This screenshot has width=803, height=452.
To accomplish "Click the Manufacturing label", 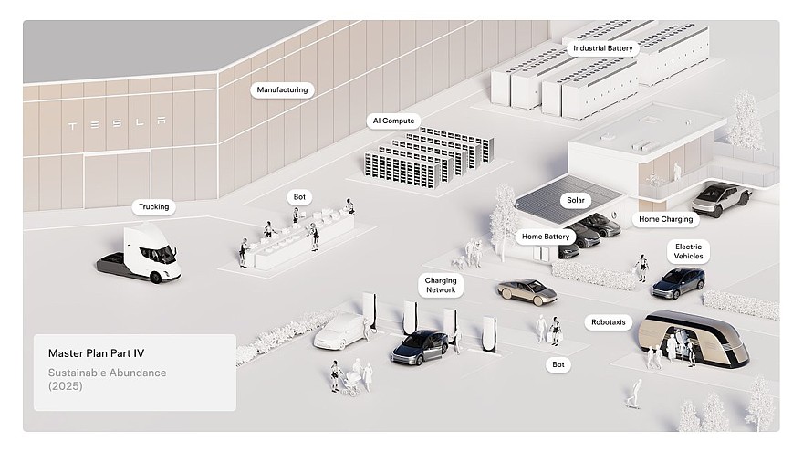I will [282, 90].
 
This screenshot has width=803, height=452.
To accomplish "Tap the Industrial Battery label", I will [602, 48].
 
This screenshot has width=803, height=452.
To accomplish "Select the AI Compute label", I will [392, 121].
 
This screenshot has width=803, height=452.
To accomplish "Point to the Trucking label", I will [153, 207].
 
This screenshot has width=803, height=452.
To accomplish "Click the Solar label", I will [575, 199].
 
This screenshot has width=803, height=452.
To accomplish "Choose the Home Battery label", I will [545, 237].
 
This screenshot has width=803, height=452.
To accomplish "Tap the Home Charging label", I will [665, 219].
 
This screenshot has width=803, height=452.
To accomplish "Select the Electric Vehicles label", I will [688, 251].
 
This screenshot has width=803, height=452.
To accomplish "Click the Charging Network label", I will [441, 286].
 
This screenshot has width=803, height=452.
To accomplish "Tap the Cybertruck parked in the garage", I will [720, 196].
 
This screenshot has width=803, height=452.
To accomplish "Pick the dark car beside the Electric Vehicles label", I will [677, 281].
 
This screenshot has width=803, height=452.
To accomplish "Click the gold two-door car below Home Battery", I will [527, 290].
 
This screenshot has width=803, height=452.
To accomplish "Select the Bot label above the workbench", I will [299, 197].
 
